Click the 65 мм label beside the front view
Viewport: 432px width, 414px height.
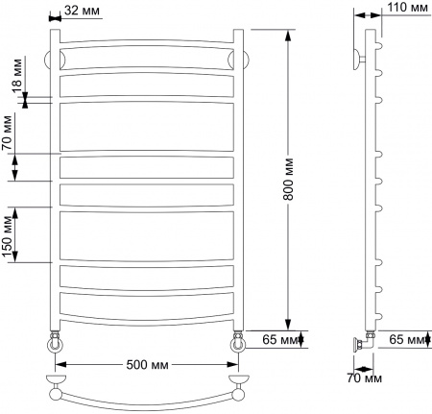[x=277, y=339]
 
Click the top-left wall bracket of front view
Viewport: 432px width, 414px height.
[x=54, y=58]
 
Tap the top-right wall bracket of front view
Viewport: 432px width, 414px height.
[x=241, y=58]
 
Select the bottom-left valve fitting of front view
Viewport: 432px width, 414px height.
[x=56, y=341]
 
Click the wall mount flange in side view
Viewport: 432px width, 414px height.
[x=357, y=57]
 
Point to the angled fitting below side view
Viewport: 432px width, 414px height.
[x=363, y=340]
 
